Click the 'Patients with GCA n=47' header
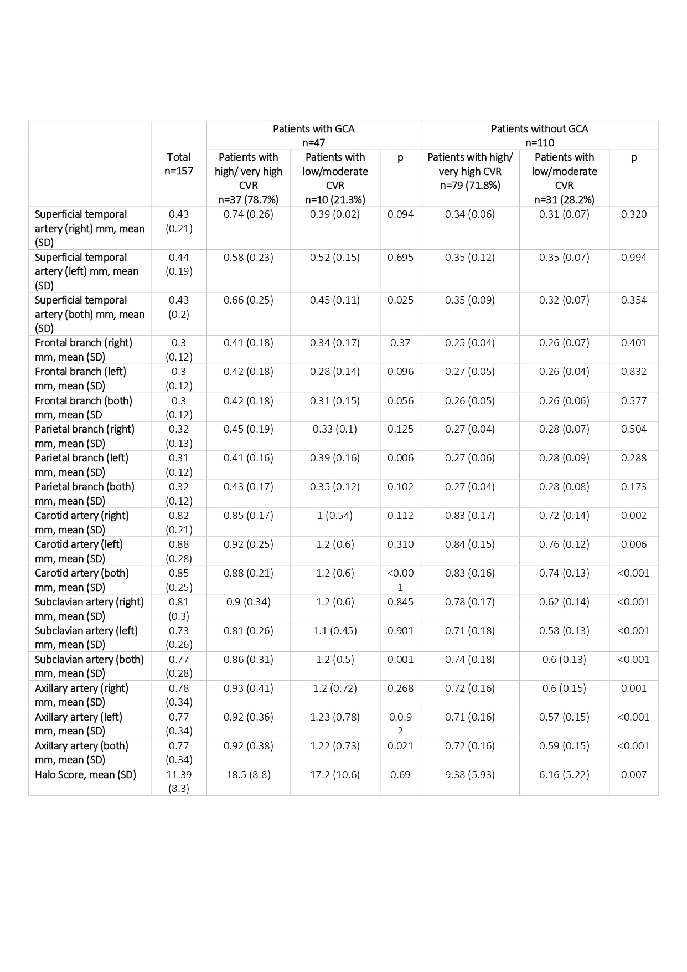tap(313, 136)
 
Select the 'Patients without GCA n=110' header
tap(539, 136)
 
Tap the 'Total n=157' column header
tap(179, 164)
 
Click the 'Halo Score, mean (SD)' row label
tap(85, 774)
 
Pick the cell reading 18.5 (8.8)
tap(248, 774)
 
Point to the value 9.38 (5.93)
tap(470, 774)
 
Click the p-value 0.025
tap(400, 300)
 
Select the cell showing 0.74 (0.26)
tap(248, 214)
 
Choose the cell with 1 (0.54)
tap(335, 516)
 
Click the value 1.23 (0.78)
tap(335, 717)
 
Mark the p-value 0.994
tap(633, 258)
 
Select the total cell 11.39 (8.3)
tap(179, 781)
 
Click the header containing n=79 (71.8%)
tap(470, 171)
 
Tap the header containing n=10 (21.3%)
tap(335, 178)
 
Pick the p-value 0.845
tap(400, 601)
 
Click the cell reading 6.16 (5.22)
tap(564, 774)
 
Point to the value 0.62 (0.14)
tap(564, 601)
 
